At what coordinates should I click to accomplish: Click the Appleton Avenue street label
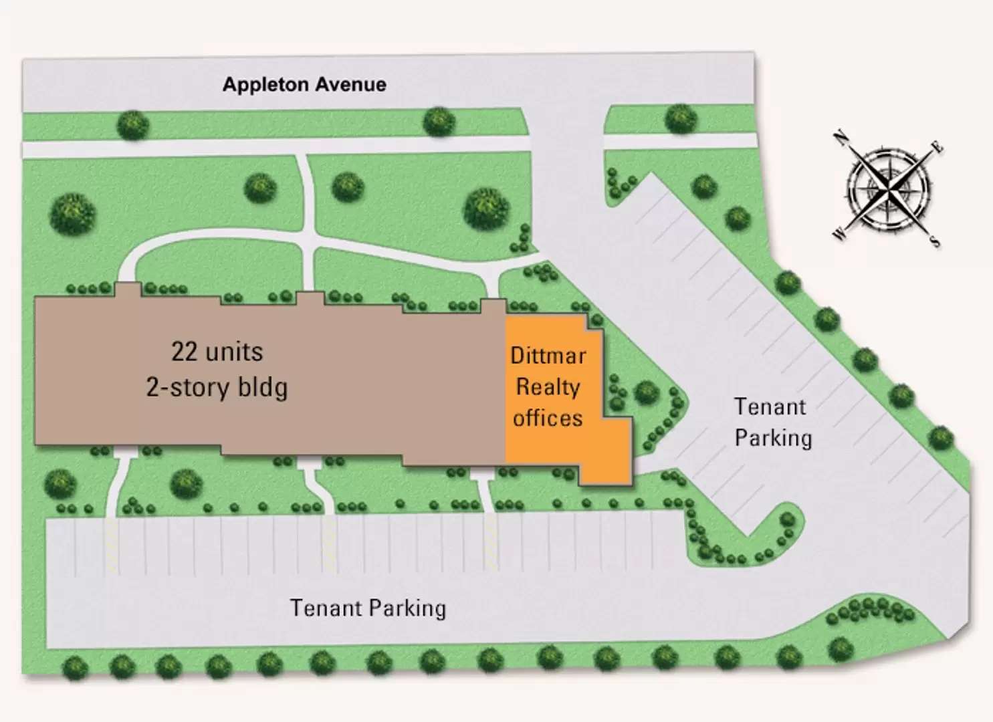[304, 85]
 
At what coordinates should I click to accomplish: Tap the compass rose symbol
[889, 189]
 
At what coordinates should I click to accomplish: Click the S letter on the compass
[934, 241]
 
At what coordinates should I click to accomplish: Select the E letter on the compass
[938, 148]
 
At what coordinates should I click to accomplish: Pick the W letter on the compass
[839, 233]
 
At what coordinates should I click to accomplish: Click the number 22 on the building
[185, 352]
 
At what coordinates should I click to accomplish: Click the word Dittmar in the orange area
[548, 356]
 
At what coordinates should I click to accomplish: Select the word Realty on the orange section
[548, 387]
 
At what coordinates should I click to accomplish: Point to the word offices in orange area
[548, 418]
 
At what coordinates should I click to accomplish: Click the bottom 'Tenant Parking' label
[368, 608]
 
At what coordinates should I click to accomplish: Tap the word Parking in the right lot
[774, 439]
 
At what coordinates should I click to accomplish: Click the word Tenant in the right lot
[770, 407]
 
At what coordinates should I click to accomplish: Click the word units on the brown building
[235, 352]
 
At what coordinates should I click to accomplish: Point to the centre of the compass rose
[889, 189]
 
